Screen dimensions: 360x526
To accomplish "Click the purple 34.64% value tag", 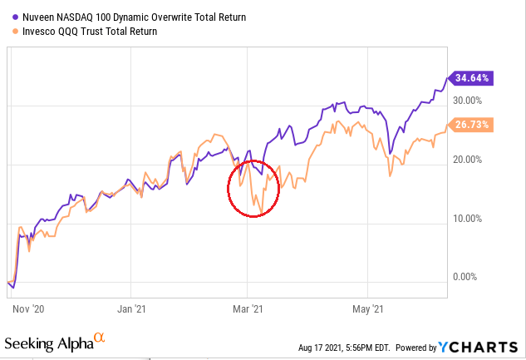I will (473, 77).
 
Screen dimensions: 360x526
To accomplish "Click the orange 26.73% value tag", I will (473, 125).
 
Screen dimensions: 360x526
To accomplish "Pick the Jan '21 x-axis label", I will (132, 306).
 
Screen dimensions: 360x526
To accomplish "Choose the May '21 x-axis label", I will (366, 306).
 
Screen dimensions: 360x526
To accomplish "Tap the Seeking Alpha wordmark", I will (47, 343).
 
